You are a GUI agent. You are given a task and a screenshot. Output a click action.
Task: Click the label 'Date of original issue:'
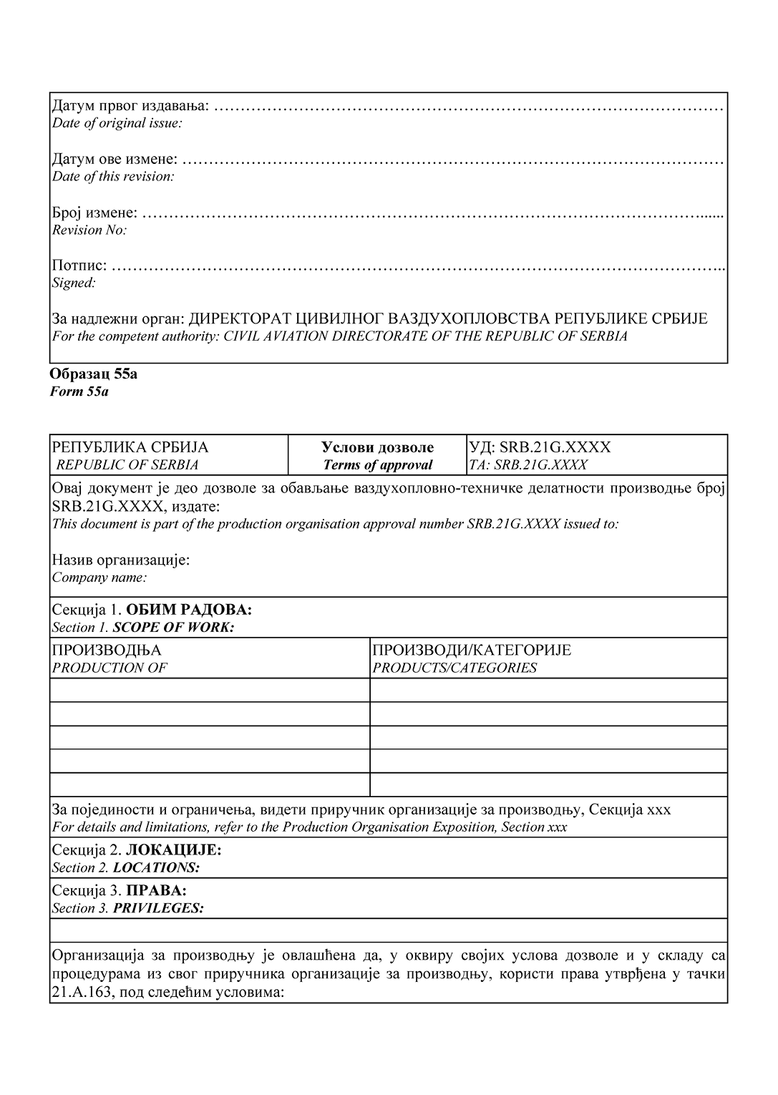tap(117, 123)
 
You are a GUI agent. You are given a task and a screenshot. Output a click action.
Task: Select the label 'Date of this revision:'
tap(113, 176)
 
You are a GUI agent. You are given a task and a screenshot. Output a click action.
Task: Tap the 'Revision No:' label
tap(89, 230)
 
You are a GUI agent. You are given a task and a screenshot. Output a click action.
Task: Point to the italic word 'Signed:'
tap(74, 283)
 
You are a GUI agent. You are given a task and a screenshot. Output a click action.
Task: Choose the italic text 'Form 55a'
tap(79, 391)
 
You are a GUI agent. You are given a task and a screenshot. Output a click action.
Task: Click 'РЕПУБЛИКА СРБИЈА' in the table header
tap(130, 447)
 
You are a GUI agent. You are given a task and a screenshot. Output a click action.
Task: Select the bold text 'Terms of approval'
tap(378, 464)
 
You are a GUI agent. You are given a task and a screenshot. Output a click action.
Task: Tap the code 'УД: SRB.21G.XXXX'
tap(540, 447)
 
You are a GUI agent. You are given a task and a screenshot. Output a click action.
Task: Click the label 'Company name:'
tap(99, 577)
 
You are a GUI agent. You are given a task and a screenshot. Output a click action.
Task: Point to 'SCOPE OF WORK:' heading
tap(174, 628)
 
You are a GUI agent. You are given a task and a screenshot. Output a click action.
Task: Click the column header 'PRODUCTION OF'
tap(110, 668)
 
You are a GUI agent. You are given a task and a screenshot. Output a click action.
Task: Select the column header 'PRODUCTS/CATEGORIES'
tap(454, 668)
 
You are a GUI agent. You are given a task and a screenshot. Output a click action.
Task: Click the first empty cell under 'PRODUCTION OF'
tap(210, 690)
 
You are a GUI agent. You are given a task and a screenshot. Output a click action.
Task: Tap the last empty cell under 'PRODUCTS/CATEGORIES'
tap(548, 784)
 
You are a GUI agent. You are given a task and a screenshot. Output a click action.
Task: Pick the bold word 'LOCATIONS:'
tap(156, 867)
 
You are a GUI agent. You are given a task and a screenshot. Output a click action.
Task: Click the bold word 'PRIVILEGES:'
tap(158, 908)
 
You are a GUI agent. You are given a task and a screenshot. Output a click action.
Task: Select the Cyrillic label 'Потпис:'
tap(79, 266)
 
